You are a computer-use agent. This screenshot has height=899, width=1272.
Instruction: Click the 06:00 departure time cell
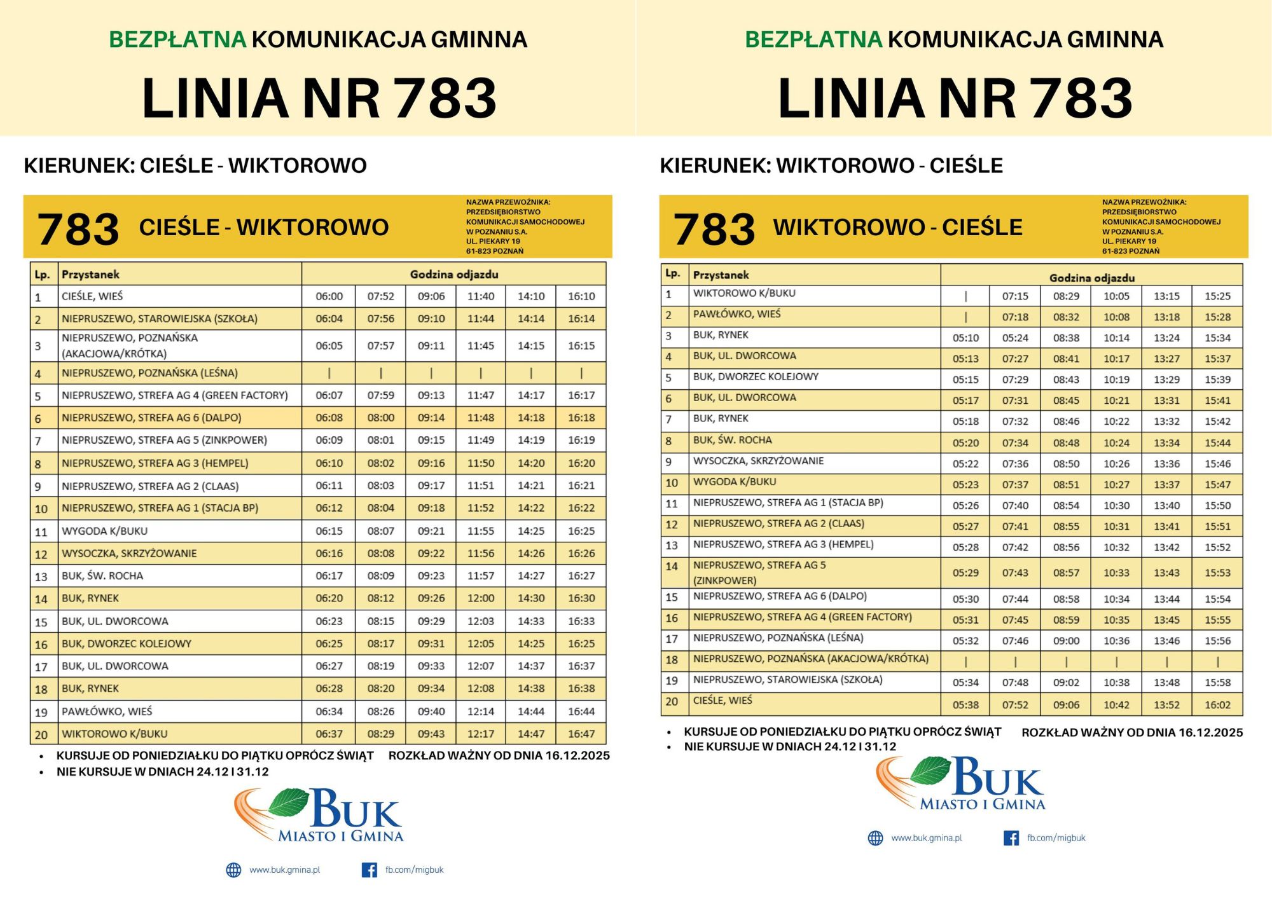coord(329,296)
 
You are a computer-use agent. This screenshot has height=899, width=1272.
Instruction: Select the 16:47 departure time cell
coord(581,734)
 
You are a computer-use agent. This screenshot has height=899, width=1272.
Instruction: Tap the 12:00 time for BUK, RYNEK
coord(481,598)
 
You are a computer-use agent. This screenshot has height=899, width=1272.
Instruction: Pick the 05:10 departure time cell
coord(965,338)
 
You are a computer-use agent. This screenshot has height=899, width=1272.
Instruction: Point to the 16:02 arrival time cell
coord(1217,704)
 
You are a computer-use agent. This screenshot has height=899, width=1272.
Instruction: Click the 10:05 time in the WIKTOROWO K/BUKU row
coord(1116,296)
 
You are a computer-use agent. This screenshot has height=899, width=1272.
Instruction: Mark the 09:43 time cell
coord(431,734)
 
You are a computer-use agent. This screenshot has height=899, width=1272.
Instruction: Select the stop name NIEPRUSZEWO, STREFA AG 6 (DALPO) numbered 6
coord(151,418)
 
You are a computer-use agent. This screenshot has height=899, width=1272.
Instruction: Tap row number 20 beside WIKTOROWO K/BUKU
coord(41,734)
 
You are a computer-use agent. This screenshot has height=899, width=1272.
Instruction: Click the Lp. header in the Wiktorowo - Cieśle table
coord(673,273)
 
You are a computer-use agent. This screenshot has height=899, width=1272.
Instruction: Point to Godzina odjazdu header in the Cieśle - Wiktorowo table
coord(453,275)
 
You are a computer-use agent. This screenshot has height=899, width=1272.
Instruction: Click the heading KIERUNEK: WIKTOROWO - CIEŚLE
coord(831,166)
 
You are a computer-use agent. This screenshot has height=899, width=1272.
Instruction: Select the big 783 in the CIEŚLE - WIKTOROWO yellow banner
coord(78,229)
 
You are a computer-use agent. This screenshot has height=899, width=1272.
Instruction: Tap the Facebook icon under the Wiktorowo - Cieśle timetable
coord(1011,838)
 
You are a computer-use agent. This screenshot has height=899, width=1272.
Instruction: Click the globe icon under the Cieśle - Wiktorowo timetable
coord(233,870)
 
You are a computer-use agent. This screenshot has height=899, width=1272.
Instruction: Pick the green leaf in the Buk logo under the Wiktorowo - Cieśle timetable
coord(930,770)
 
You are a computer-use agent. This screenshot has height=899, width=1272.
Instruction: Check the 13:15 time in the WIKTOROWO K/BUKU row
coord(1166,296)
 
